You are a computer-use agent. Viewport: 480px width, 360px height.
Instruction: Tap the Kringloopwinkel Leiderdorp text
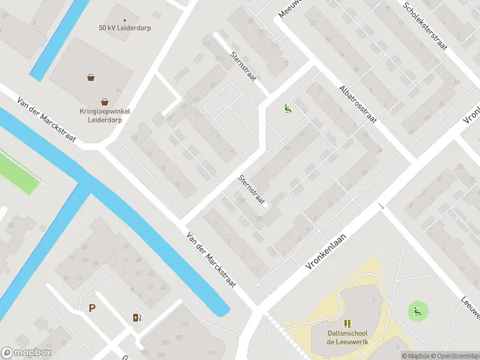click(105, 115)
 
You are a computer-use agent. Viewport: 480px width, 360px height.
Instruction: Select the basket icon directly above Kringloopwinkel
click(105, 101)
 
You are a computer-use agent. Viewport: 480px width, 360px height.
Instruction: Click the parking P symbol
click(92, 308)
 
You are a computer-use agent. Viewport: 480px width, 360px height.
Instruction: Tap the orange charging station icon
click(137, 317)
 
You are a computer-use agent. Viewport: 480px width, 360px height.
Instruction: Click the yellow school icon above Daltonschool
click(347, 323)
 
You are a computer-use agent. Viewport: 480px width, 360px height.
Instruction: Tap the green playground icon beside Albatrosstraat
click(288, 109)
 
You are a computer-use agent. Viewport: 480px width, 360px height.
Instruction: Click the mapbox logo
click(26, 353)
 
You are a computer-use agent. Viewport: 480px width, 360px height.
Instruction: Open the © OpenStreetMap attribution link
click(455, 356)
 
